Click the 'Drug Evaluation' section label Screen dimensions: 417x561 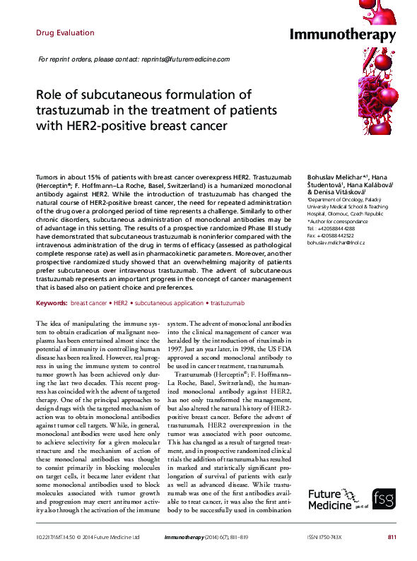click(64, 33)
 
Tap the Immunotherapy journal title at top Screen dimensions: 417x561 click(343, 35)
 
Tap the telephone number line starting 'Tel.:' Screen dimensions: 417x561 click(331, 228)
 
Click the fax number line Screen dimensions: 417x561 click(331, 235)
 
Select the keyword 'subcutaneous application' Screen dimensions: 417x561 click(168, 302)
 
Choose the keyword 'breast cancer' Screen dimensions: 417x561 click(89, 302)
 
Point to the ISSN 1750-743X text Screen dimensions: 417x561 click(323, 538)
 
